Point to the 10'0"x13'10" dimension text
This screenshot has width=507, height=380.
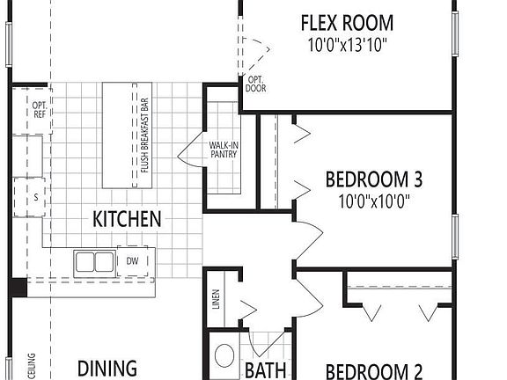(x=347, y=44)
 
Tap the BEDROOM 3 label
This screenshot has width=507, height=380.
(x=374, y=180)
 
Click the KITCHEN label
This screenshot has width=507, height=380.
(x=127, y=218)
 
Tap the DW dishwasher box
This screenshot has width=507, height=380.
(x=133, y=260)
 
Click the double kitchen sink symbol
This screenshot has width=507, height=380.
(x=93, y=261)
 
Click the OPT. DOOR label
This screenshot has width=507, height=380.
(x=256, y=84)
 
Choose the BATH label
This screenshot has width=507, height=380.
(x=261, y=370)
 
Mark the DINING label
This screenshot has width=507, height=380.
(x=107, y=369)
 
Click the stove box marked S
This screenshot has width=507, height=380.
(x=35, y=198)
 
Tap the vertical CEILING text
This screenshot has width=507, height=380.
(x=32, y=365)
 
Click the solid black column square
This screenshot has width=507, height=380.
(x=18, y=287)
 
